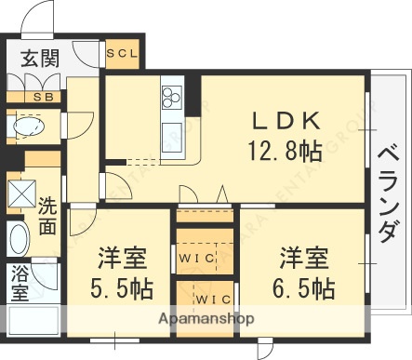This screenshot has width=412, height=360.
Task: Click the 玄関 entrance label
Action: coord(39,61)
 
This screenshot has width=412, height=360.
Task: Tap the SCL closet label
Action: coord(121,53)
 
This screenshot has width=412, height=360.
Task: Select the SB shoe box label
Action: coord(43,97)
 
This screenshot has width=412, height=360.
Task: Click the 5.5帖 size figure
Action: coord(122,287)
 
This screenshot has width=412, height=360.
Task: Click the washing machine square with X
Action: coord(20,194)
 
